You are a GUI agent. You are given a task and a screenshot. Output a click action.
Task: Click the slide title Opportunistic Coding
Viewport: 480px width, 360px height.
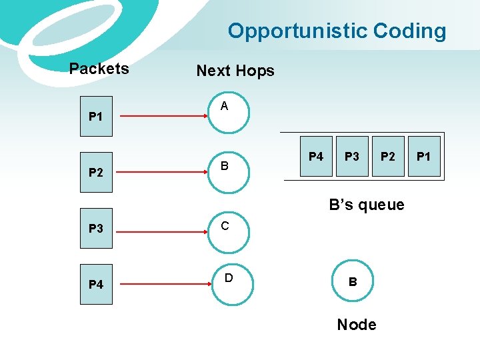coord(337,31)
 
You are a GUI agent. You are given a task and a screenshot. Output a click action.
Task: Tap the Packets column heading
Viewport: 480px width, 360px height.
coord(99,69)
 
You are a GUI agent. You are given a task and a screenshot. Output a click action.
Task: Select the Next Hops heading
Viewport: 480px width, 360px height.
coord(235,71)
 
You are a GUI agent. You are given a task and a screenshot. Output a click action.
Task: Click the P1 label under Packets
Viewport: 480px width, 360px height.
coord(96,117)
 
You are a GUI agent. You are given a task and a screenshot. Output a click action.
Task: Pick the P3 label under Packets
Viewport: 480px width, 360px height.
coord(96,229)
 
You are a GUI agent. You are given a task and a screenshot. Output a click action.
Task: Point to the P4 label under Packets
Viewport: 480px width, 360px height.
coord(96,285)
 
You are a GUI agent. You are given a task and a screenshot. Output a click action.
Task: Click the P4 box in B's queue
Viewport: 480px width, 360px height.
coord(316,157)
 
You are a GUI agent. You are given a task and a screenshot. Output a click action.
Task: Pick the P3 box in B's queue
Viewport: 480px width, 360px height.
coord(352,157)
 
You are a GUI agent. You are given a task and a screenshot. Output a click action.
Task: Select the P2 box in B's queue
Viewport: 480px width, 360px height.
coord(388,157)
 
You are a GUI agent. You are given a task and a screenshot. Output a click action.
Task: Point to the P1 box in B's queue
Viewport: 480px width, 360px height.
coord(424,157)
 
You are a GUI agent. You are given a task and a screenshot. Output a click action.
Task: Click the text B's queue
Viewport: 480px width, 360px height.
coord(367,205)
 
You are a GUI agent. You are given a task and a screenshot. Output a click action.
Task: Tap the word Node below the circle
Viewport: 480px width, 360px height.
coord(356,325)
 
